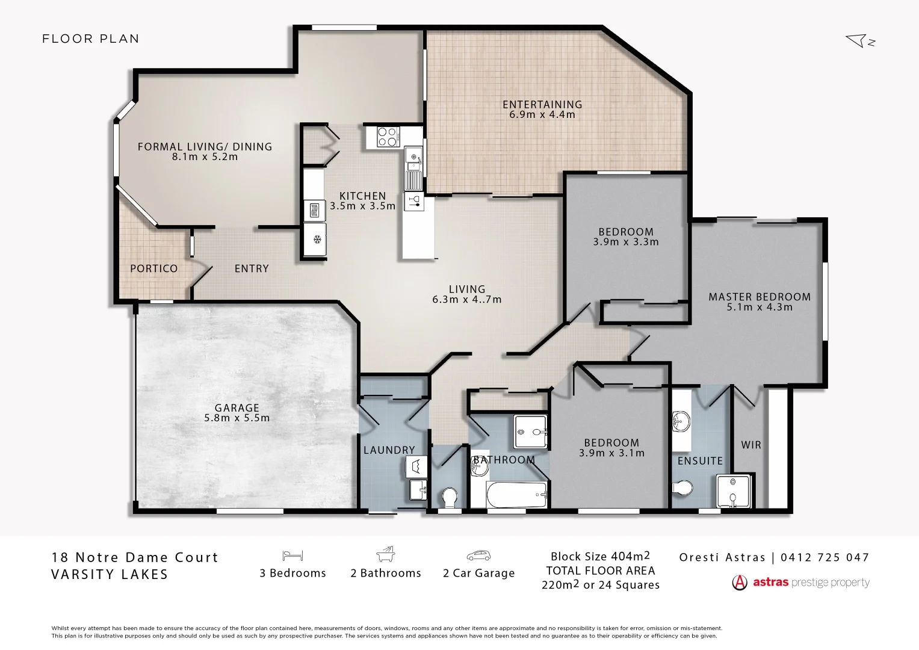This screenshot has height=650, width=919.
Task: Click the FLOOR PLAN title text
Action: tap(90, 39)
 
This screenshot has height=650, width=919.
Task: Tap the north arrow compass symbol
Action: tap(859, 41)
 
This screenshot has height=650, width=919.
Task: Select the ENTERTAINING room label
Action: tap(542, 104)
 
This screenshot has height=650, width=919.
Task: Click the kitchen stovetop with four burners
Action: tap(387, 137)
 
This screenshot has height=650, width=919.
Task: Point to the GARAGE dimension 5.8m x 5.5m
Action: tap(237, 418)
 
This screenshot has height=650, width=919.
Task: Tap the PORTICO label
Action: tap(154, 268)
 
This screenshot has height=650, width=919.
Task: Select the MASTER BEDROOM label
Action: tap(760, 297)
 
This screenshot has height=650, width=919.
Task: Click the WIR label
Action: tap(751, 445)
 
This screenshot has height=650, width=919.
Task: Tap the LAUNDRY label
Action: tap(389, 450)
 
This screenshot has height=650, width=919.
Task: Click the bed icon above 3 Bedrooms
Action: tap(292, 556)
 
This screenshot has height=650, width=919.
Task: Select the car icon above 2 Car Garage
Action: tap(478, 556)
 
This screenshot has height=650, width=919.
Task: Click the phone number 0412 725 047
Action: tap(825, 557)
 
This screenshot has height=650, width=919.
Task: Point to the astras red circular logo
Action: tap(739, 583)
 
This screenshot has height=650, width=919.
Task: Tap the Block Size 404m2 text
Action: tap(600, 556)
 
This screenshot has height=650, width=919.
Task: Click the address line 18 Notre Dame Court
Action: tap(135, 557)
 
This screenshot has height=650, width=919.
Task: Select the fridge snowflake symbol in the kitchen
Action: tap(317, 240)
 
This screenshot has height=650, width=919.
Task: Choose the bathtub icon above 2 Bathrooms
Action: tap(385, 554)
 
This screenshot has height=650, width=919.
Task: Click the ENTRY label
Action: tap(252, 268)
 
